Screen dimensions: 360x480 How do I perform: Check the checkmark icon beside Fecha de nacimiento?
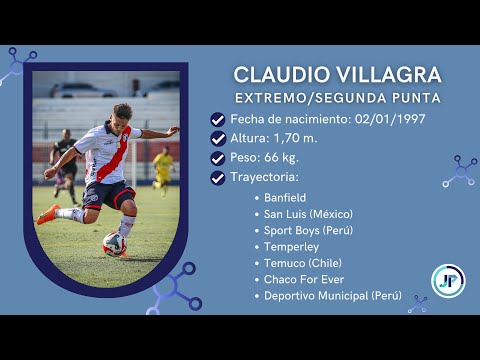(x=218, y=119)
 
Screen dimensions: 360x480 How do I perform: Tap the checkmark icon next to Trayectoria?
(x=218, y=178)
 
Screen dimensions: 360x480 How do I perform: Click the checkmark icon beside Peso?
(x=218, y=158)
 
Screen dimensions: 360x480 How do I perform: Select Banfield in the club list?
(x=285, y=198)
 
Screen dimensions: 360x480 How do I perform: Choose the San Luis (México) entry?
(x=308, y=214)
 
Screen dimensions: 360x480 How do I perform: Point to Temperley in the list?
(x=290, y=247)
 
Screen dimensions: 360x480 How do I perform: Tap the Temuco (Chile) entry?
(x=304, y=263)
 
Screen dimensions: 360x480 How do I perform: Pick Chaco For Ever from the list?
(x=305, y=280)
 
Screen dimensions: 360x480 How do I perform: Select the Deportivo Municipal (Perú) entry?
(x=333, y=296)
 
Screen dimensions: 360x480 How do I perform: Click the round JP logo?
(x=447, y=281)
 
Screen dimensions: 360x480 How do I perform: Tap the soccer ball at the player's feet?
(x=115, y=243)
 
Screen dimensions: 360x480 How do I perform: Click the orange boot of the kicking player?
(x=47, y=214)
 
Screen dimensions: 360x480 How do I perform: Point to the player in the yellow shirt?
(x=163, y=167)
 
